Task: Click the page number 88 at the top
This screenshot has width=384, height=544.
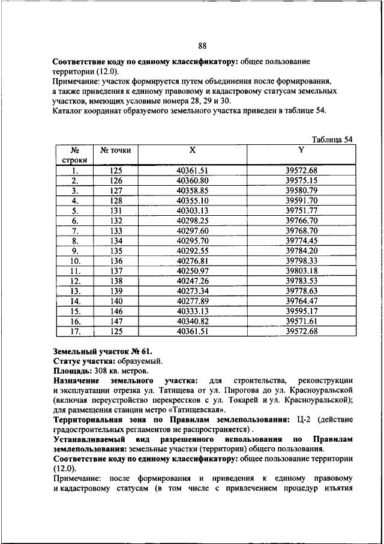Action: tap(202, 47)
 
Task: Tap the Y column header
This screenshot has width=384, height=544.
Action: tap(301, 150)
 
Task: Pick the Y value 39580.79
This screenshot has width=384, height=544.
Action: tap(301, 190)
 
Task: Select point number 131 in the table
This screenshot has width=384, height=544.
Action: tap(115, 210)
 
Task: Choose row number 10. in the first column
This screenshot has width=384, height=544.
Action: tap(76, 261)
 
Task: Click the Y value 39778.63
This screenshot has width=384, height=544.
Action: tap(301, 291)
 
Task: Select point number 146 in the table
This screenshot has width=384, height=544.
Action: tap(115, 311)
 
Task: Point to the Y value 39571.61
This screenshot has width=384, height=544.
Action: tap(301, 322)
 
